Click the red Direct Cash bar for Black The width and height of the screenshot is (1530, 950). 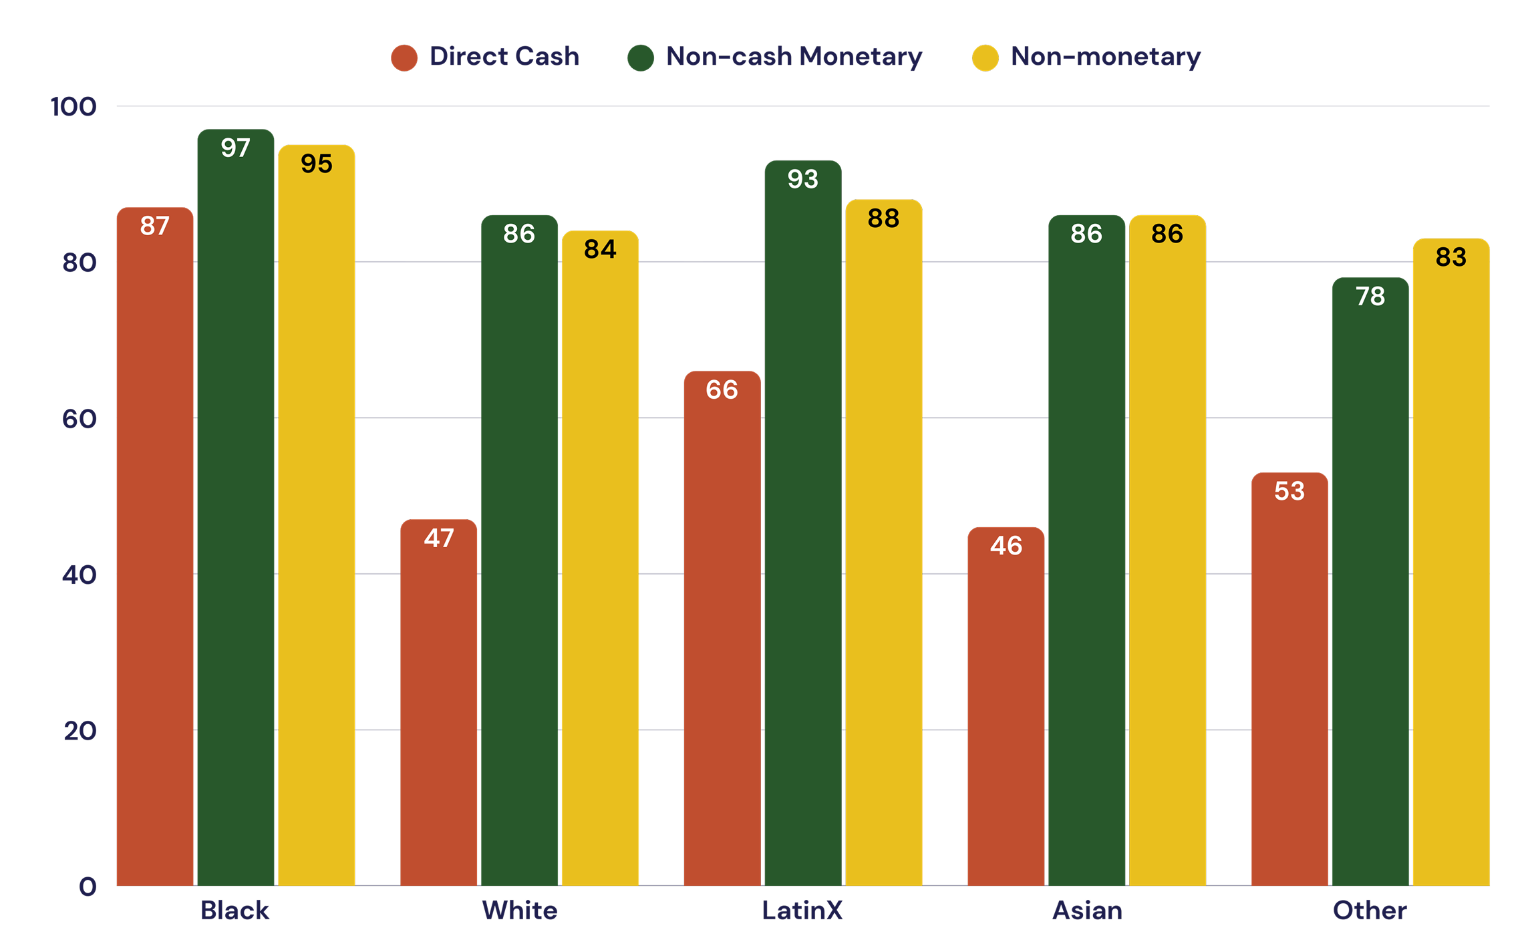[155, 548]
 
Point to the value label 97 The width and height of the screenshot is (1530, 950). [235, 148]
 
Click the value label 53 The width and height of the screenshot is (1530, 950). [1289, 491]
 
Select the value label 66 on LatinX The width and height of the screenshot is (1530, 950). [722, 389]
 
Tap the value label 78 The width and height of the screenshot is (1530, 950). [1370, 296]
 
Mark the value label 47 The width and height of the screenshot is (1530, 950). [439, 538]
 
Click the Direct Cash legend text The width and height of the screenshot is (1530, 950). [504, 57]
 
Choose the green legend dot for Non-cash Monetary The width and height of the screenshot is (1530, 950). [641, 57]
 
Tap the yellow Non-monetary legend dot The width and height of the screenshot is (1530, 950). [985, 57]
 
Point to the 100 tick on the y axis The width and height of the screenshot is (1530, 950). [73, 107]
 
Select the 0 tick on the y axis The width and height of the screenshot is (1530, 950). [88, 887]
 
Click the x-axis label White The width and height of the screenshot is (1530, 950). [519, 911]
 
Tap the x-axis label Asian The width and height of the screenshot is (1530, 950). [1087, 911]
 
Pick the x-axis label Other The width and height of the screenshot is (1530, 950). [1370, 911]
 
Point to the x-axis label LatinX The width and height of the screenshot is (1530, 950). [802, 911]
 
